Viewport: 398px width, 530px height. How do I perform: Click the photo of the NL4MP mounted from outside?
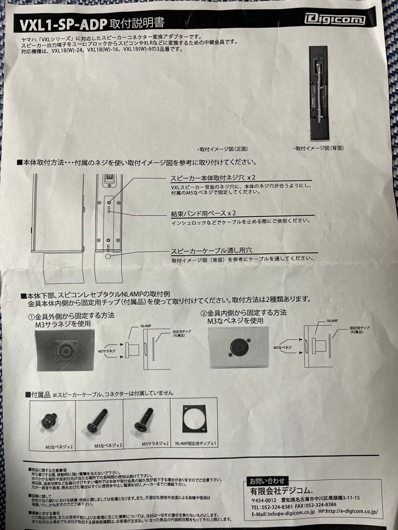(x=64, y=350)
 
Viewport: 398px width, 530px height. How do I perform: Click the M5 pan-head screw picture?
(x=49, y=421)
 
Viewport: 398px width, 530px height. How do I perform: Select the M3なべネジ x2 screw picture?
(x=97, y=421)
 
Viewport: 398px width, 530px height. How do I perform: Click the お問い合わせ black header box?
(x=266, y=480)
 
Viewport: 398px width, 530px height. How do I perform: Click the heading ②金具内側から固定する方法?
(x=243, y=313)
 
